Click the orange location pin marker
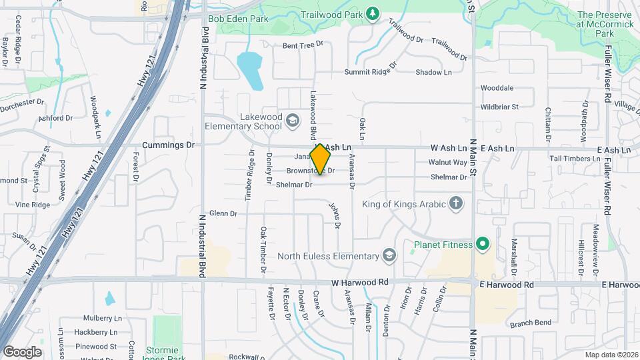(x=321, y=159)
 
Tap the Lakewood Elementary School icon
(x=292, y=120)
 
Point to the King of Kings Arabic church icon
(x=456, y=203)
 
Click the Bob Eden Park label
(x=238, y=19)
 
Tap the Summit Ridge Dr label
(x=371, y=72)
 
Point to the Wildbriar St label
(x=499, y=107)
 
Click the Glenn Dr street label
(x=223, y=213)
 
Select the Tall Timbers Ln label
(x=575, y=159)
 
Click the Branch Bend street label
(x=531, y=323)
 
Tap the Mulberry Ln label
(x=103, y=319)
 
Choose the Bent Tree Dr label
(x=303, y=45)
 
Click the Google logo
(x=22, y=352)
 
